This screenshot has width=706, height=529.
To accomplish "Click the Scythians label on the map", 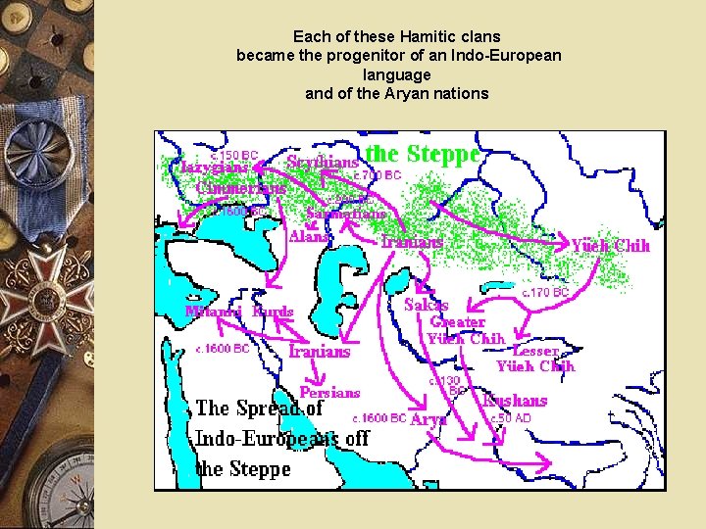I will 322,162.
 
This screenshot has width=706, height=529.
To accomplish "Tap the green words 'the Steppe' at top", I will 423,154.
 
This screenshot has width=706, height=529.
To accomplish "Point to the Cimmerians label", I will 241,187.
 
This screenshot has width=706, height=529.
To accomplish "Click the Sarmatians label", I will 346,213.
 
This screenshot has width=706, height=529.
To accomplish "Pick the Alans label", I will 311,236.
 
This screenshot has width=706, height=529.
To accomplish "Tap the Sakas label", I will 427,305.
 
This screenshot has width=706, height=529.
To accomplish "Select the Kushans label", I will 516,400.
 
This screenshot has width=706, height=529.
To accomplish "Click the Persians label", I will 329,392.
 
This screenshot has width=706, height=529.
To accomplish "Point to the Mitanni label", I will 213,312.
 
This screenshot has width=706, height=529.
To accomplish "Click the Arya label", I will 429,418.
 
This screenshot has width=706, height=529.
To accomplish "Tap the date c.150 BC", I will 234,155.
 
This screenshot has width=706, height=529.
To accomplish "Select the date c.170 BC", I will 544,292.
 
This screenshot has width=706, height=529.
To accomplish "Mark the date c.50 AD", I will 510,417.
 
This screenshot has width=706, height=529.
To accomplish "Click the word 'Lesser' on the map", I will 535,350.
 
